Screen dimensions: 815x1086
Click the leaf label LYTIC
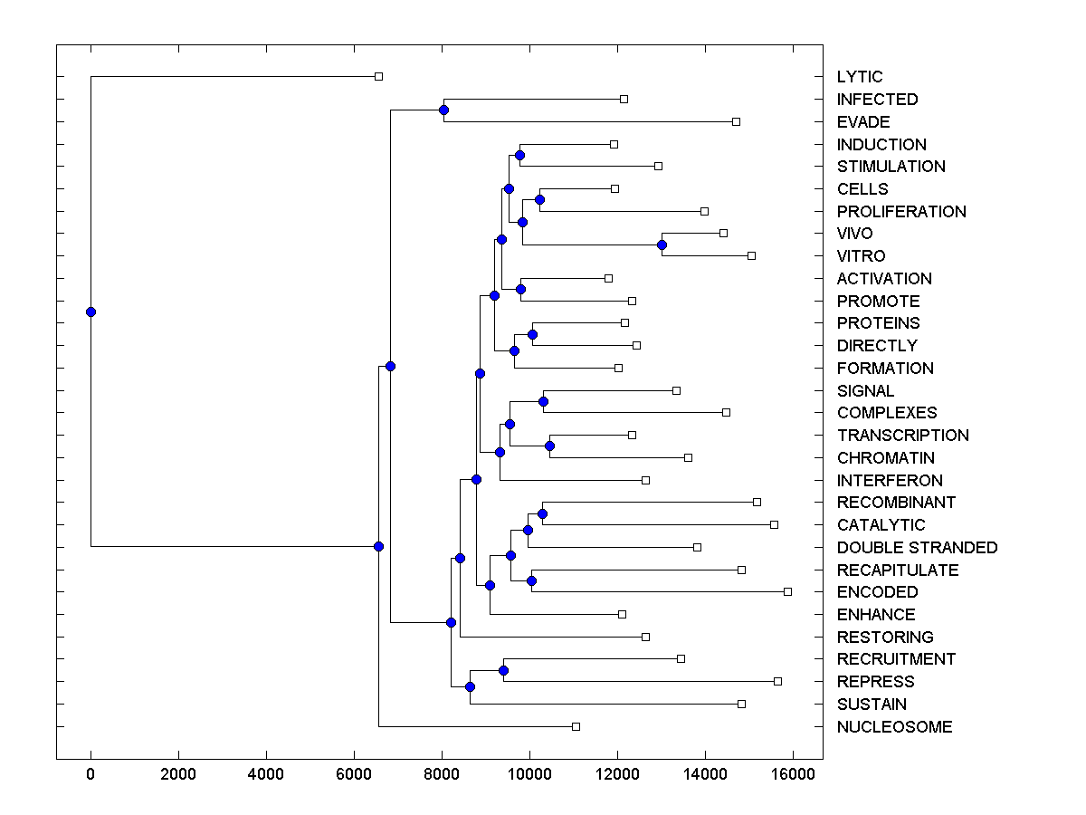coord(860,77)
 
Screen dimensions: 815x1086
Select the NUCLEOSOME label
coord(894,727)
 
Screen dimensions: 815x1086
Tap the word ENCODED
coord(877,592)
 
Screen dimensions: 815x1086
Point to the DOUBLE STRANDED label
coord(917,548)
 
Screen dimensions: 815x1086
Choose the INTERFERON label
coord(890,481)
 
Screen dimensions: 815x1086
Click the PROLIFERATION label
coord(901,212)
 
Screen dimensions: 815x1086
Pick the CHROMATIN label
coord(886,458)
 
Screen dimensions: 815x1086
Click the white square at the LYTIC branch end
coord(379,77)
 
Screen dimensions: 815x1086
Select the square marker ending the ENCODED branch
coord(787,592)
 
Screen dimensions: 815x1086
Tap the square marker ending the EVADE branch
coord(736,121)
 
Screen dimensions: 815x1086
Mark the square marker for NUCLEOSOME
coord(576,727)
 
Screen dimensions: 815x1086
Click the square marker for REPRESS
coord(777,681)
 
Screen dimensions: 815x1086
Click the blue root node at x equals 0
coord(90,312)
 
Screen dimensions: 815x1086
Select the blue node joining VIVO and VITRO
coord(662,244)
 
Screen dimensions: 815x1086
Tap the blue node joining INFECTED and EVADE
coord(443,110)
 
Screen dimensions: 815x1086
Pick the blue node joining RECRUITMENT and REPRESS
coord(503,670)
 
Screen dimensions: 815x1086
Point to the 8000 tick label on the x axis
coord(442,772)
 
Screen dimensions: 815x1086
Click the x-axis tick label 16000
coord(792,772)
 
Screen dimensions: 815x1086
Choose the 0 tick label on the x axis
coord(90,772)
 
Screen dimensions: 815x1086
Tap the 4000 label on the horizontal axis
coord(266,772)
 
